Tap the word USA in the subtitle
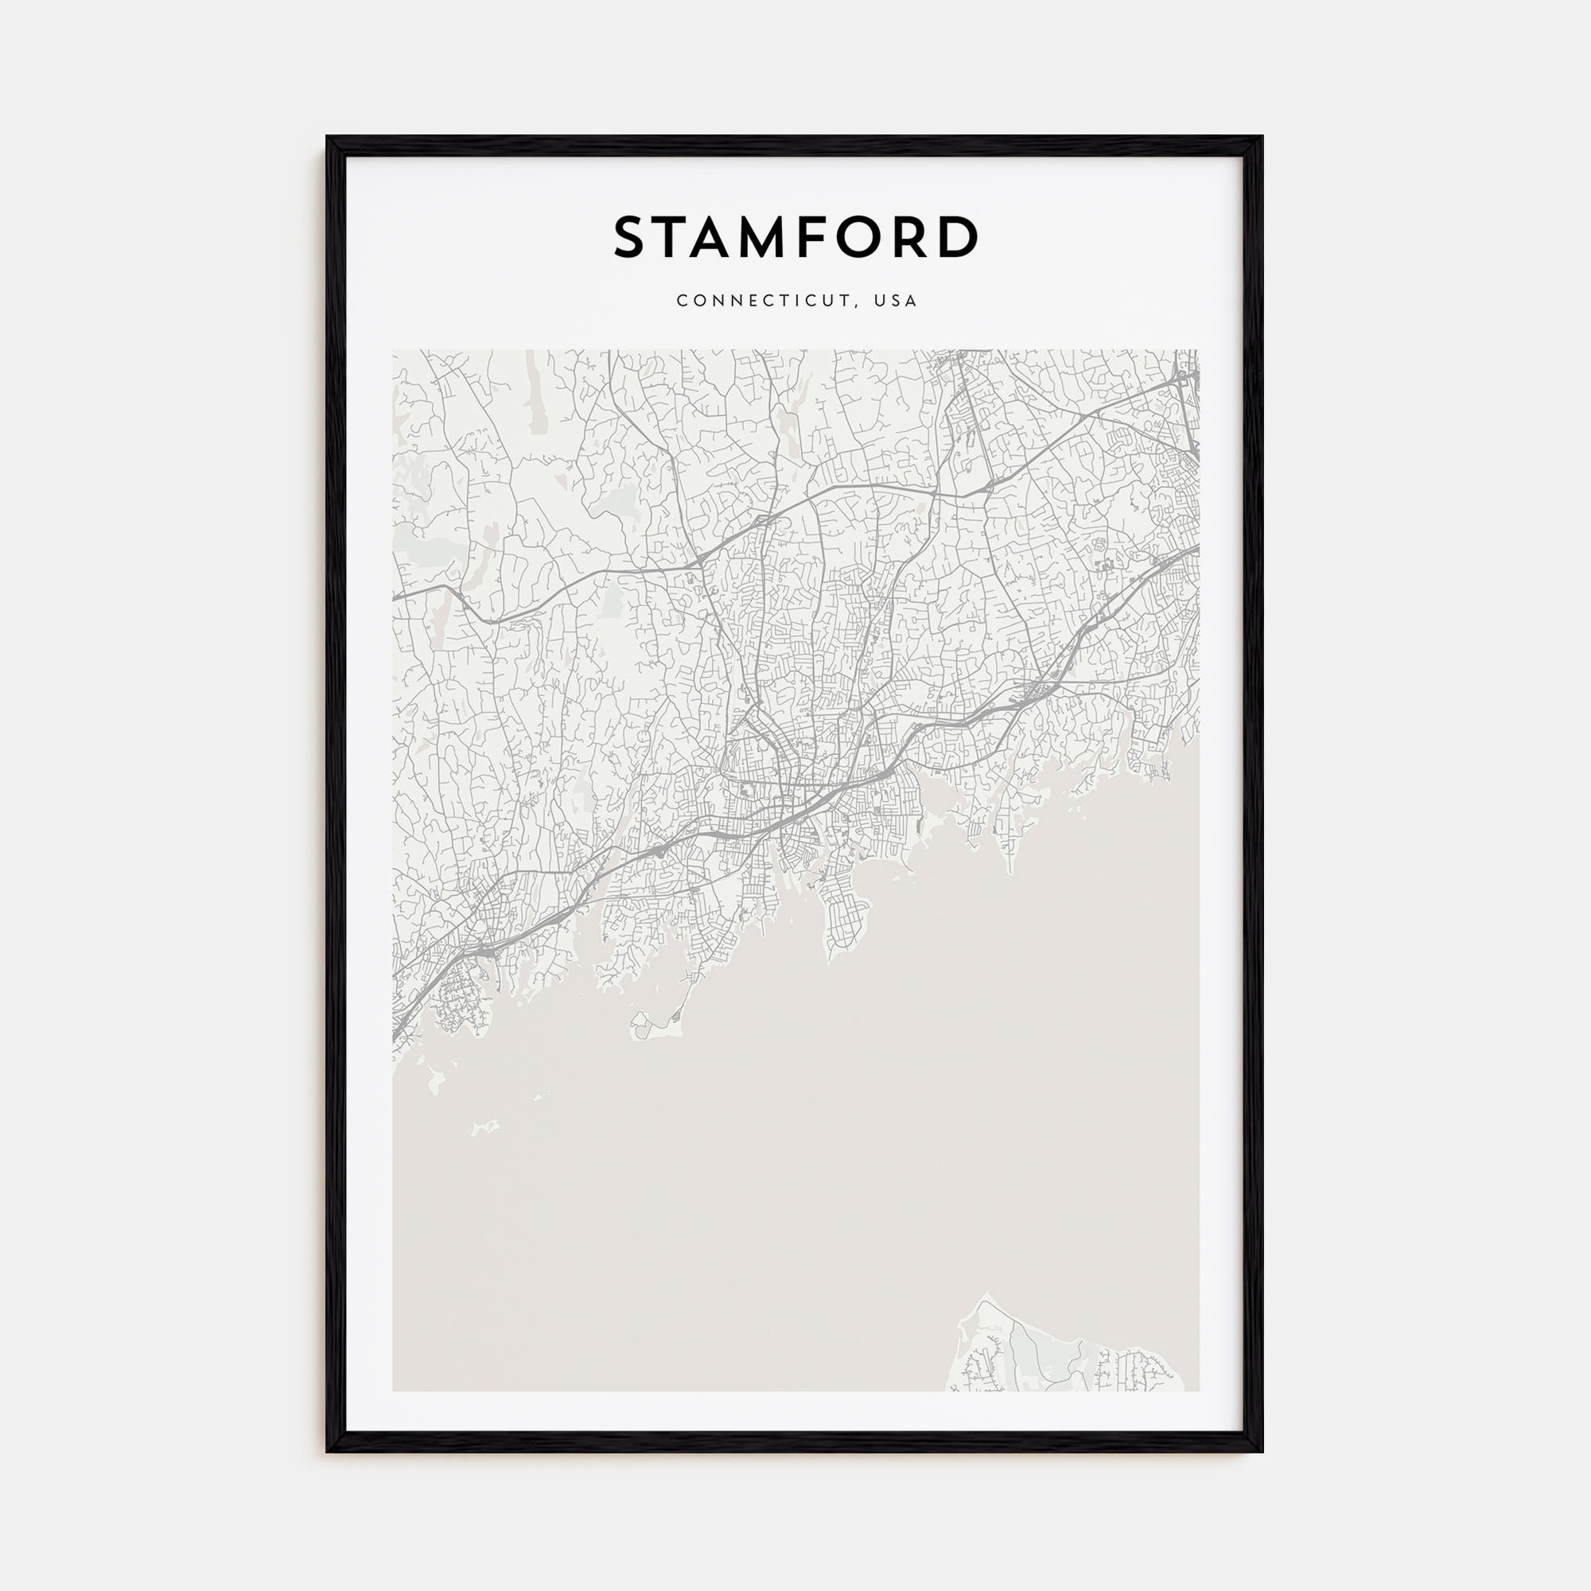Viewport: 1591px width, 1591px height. [896, 301]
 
